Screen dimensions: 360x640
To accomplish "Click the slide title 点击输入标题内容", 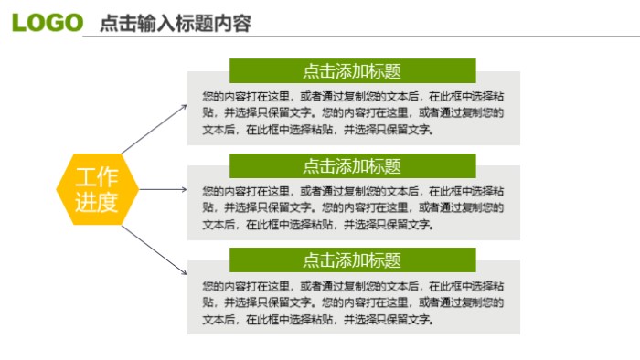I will point(175,24).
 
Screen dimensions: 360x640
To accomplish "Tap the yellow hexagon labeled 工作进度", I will point(97,190).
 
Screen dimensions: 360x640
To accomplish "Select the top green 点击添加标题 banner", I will point(352,71).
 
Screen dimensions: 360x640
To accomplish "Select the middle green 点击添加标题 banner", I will point(352,166).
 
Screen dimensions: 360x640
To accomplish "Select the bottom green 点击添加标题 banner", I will point(352,260).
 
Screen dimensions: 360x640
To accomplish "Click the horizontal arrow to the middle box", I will point(163,190).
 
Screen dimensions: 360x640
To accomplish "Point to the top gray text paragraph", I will point(353,112).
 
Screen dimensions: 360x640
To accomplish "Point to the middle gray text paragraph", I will point(353,207).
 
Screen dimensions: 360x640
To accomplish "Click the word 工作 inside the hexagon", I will point(97,178).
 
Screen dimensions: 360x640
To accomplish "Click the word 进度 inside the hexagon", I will point(97,202).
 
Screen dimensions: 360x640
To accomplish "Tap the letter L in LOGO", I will point(19,22).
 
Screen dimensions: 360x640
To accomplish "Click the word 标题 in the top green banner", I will point(385,71).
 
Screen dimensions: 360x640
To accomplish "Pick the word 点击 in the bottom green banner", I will point(318,260).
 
